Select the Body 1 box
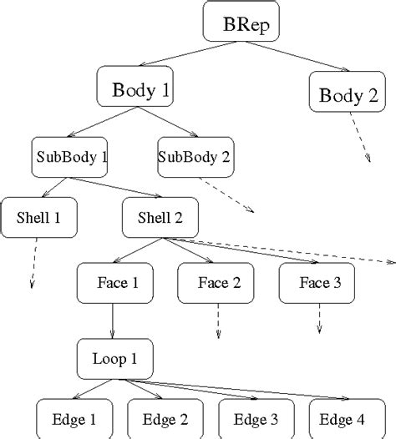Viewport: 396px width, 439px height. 136,88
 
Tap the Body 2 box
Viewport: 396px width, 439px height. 348,93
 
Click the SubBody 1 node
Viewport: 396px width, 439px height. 70,156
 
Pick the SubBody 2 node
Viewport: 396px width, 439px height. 195,156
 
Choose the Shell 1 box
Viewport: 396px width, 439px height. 38,219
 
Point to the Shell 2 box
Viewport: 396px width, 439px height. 160,219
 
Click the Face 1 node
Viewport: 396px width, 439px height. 112,282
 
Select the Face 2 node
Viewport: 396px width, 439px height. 219,282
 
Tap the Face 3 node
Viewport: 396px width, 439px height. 320,282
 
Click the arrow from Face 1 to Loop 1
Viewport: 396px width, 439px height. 112,320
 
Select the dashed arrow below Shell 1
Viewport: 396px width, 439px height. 34,263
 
